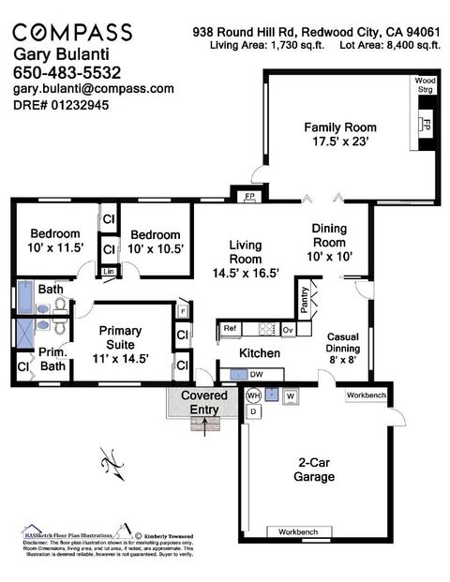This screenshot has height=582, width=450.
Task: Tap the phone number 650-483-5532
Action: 68,71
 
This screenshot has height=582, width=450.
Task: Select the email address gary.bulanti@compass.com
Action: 93,88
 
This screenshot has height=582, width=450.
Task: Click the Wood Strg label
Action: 426,85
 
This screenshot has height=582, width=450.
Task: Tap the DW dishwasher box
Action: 255,374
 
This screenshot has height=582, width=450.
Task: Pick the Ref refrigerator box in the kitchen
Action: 229,329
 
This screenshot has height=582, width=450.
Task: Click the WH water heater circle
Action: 252,395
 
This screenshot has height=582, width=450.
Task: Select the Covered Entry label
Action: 198,402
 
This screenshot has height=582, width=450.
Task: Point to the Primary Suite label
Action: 120,337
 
